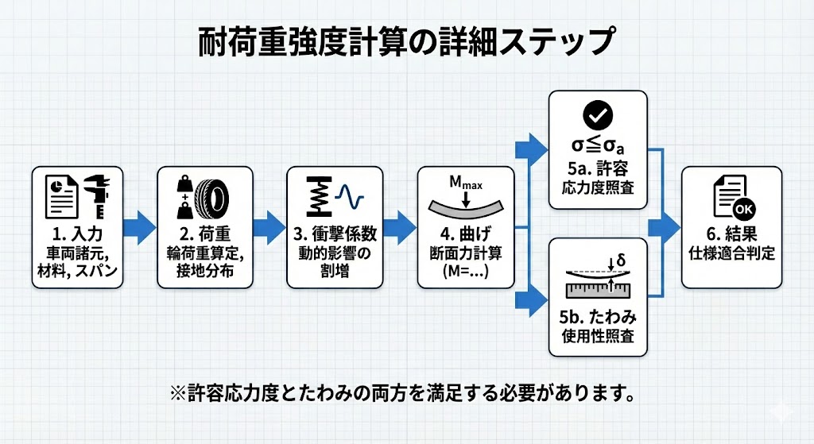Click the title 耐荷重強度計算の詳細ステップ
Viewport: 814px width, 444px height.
pyautogui.click(x=406, y=41)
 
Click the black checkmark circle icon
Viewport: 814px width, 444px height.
pyautogui.click(x=598, y=116)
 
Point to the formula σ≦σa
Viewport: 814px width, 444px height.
pyautogui.click(x=598, y=149)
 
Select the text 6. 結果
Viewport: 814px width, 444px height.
pyautogui.click(x=731, y=236)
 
